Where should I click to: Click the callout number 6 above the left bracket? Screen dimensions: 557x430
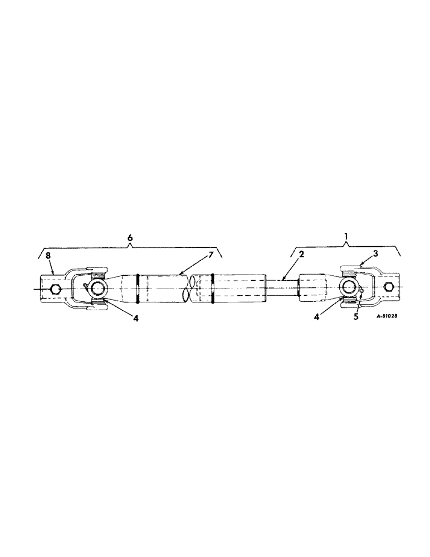click(x=130, y=238)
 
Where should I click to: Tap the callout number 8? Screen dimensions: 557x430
click(x=48, y=256)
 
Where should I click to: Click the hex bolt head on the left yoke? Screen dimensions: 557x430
click(x=55, y=290)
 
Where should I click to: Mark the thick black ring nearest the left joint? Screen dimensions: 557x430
click(x=136, y=289)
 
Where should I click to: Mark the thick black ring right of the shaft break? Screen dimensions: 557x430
click(x=212, y=289)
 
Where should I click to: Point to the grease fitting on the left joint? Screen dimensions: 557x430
click(x=85, y=286)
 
